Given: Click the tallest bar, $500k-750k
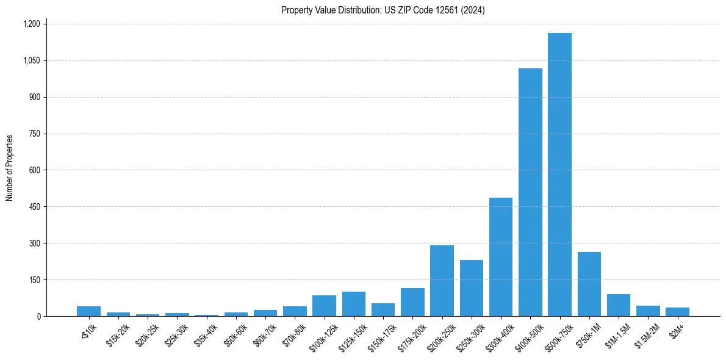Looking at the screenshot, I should [x=559, y=175].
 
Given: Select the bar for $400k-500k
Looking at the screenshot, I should [x=530, y=192].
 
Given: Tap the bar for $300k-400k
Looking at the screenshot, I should [x=501, y=257].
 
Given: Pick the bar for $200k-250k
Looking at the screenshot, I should [x=442, y=281].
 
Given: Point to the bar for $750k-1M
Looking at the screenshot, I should [x=589, y=284].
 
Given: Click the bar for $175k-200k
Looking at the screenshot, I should [x=412, y=302].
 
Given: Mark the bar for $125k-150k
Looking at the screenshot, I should [x=354, y=304].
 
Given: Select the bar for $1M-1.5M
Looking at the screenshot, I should [x=619, y=305].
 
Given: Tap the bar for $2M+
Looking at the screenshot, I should [x=677, y=312].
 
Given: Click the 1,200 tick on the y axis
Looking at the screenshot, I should [x=31, y=24].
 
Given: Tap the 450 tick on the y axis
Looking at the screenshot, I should [x=34, y=207].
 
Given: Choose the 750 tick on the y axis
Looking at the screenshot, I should [x=34, y=134].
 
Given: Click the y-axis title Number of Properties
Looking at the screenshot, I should [x=10, y=168].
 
